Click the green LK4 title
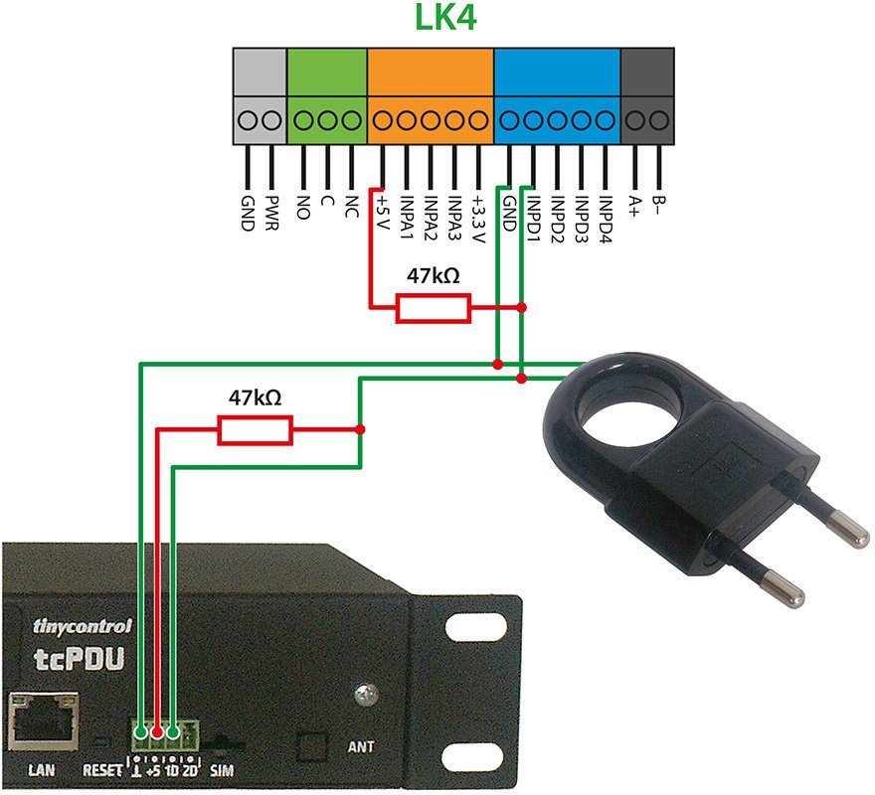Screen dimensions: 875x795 [x=445, y=17]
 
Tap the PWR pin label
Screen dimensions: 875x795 [x=271, y=213]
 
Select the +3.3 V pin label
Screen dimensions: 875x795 [x=478, y=220]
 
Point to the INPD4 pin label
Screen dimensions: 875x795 [x=606, y=220]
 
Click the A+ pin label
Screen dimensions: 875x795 [x=634, y=206]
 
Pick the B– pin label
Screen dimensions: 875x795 [x=658, y=205]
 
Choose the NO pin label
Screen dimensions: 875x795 [x=303, y=207]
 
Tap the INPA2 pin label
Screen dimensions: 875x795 [x=431, y=219]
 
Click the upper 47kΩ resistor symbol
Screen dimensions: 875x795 [x=434, y=308]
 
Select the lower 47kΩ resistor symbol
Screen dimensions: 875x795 [x=255, y=430]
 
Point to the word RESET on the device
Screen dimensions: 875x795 [x=102, y=770]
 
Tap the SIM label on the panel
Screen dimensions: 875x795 [x=222, y=770]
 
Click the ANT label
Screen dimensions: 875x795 [x=361, y=746]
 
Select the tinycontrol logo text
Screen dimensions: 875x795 [x=83, y=626]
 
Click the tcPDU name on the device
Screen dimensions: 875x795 [x=79, y=659]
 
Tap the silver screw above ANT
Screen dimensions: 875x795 [x=366, y=696]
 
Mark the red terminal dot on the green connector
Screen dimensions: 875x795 [x=157, y=732]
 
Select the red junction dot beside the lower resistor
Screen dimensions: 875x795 [x=361, y=429]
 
